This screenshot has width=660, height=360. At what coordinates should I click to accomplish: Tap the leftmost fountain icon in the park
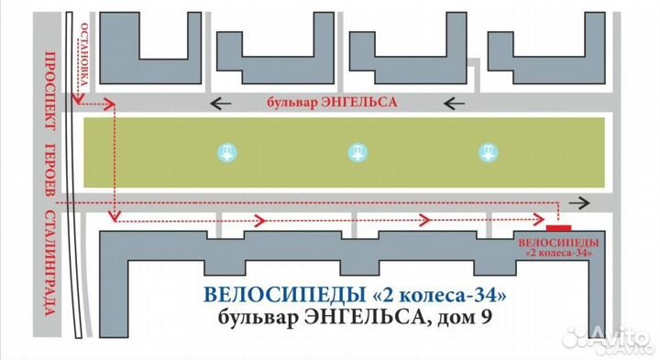pos(224,151)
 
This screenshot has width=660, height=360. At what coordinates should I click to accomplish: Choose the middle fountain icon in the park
pos(356,152)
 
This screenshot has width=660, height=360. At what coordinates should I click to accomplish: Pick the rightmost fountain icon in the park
pos(488,152)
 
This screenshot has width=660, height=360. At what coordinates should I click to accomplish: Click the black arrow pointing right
pos(578,202)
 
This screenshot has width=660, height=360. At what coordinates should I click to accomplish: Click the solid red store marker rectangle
pos(558,226)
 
